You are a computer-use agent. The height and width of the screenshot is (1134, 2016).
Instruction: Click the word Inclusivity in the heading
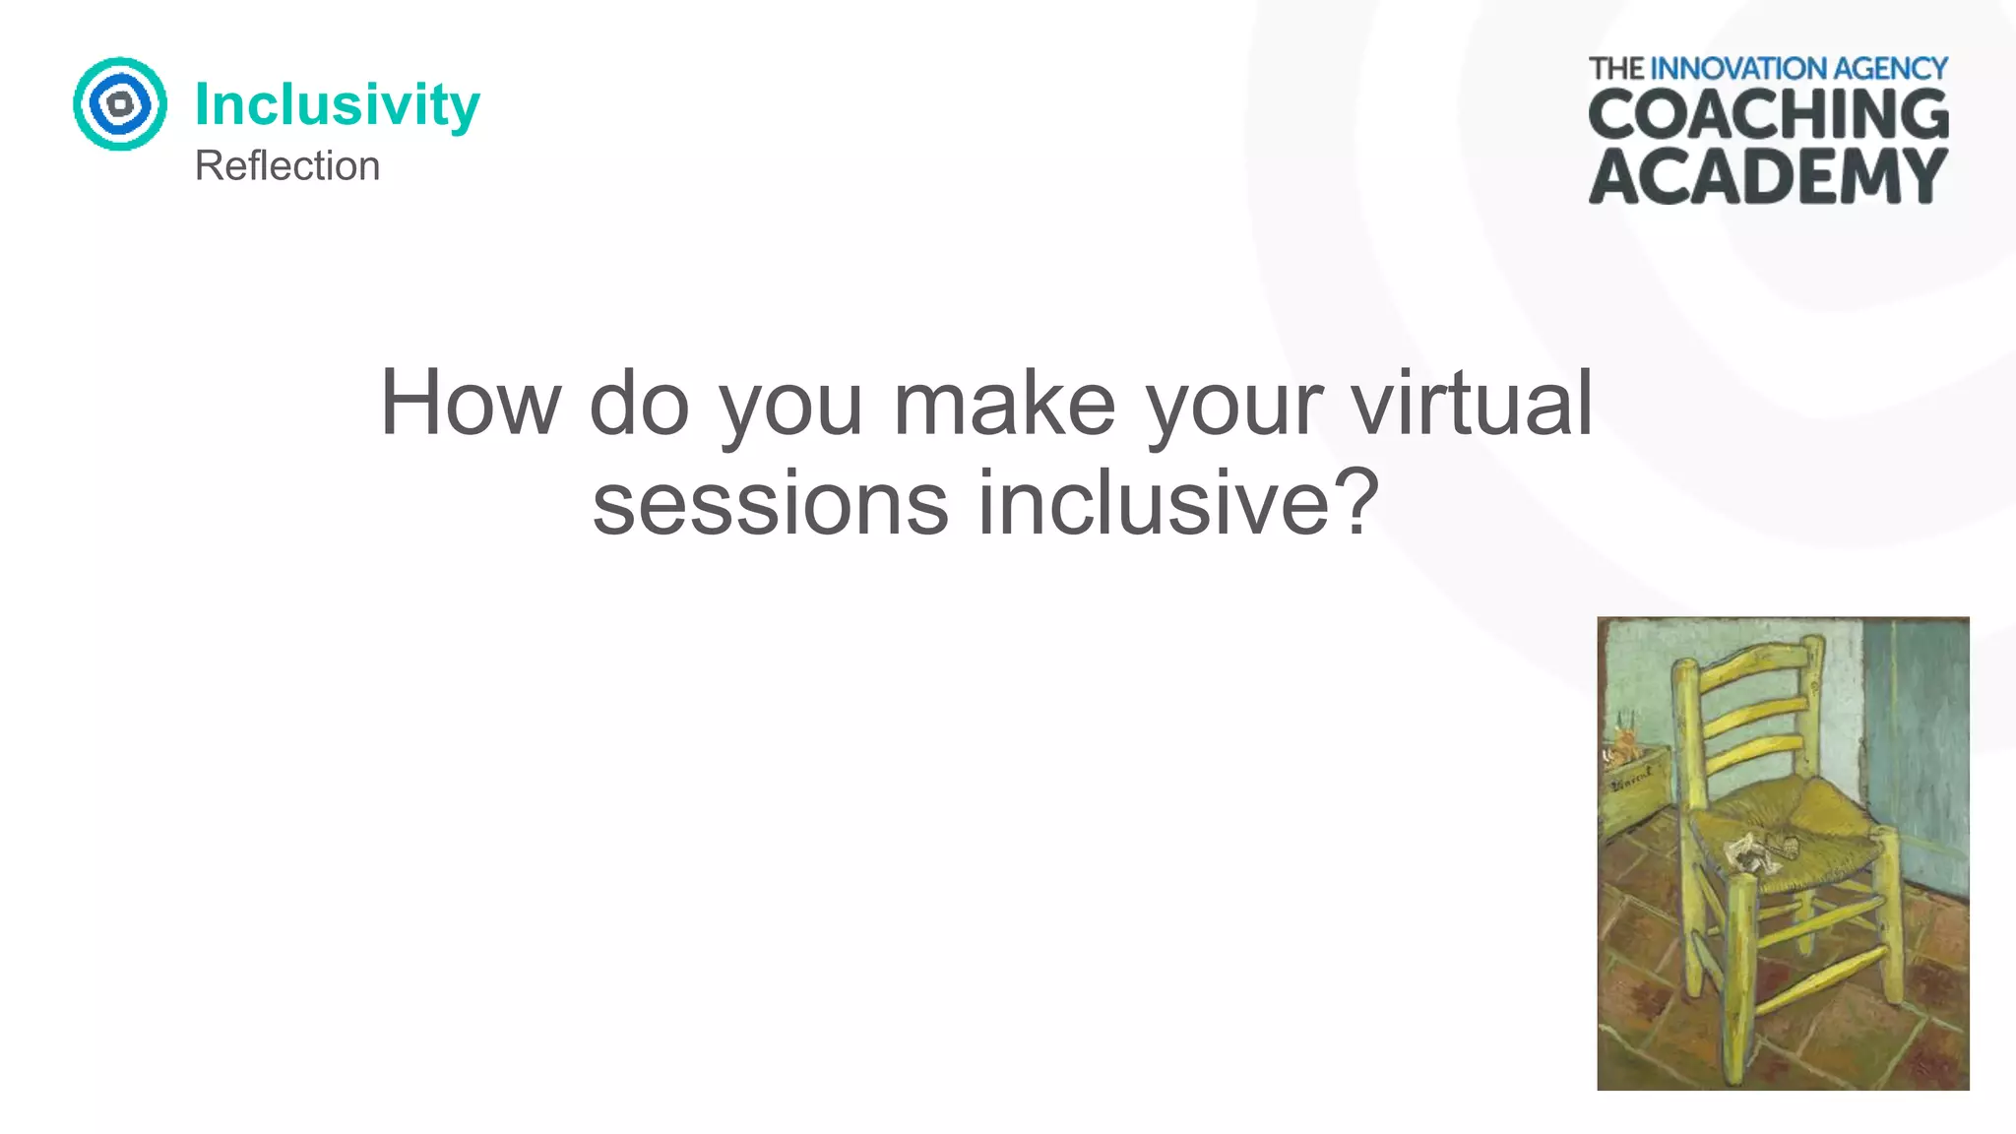337,104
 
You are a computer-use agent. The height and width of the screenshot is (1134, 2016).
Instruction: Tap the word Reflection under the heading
286,165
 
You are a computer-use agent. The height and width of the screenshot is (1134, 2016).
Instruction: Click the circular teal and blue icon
120,103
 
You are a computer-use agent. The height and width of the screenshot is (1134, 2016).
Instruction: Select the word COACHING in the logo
1768,114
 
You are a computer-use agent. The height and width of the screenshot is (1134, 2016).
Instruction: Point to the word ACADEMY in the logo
1768,176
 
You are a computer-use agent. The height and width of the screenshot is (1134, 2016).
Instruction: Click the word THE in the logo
1616,69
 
